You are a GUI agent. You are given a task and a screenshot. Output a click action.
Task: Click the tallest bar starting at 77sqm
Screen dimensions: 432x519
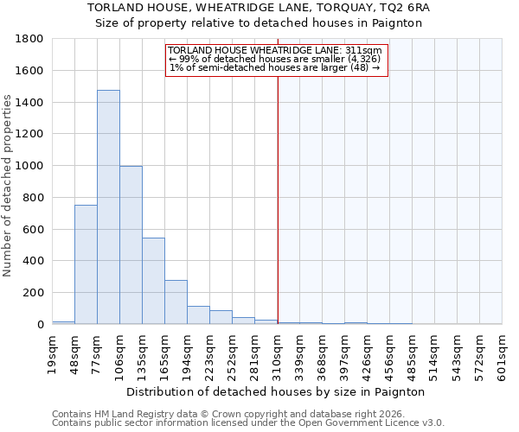108,207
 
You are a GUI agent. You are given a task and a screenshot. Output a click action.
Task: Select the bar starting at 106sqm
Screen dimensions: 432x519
131,245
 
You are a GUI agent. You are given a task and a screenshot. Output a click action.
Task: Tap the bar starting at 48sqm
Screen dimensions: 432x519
86,264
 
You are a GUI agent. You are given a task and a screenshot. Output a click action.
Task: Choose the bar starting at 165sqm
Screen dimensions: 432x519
176,302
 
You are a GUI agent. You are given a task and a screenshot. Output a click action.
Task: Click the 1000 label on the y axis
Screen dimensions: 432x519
33,166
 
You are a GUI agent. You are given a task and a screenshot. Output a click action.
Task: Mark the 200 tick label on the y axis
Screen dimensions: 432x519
36,293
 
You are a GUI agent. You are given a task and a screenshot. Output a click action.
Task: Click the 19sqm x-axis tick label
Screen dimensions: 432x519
53,352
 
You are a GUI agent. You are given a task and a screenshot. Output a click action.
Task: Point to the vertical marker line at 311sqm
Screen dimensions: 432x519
278,199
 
